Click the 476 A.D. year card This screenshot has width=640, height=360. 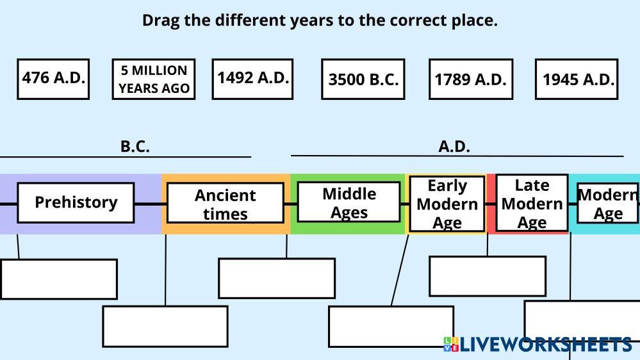tap(53, 79)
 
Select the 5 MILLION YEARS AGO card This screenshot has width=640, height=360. tap(154, 79)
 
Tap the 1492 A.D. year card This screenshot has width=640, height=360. tap(252, 79)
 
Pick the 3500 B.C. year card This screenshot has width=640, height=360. tap(363, 79)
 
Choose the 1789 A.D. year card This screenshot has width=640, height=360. tap(471, 79)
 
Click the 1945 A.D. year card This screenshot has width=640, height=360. tap(577, 79)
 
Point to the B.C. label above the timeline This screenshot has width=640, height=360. tap(135, 146)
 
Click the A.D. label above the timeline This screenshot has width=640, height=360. tap(454, 146)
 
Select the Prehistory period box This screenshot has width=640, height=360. tap(76, 202)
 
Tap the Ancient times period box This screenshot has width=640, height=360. tap(226, 203)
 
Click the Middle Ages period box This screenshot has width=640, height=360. tap(349, 202)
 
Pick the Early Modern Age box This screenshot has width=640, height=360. tap(447, 204)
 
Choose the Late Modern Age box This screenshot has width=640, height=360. tap(532, 203)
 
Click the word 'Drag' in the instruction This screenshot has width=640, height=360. tap(161, 20)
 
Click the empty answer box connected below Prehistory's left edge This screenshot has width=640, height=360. tap(59, 279)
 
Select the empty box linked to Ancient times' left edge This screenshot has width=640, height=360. tap(165, 326)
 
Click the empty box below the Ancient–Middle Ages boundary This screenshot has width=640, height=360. tap(277, 278)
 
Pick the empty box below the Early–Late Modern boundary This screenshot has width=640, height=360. tap(488, 276)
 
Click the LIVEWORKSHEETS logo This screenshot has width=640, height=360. tap(537, 344)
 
